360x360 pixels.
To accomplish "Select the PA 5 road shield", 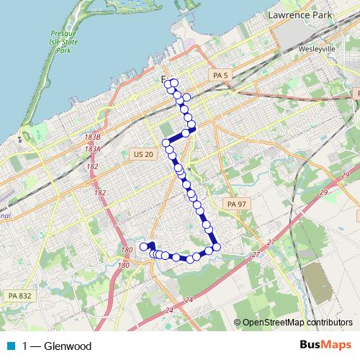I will coord(220,75).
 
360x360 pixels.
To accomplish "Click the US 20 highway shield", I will coord(143,153).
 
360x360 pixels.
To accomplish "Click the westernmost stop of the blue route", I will coord(143,247).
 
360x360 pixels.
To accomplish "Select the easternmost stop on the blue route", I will coord(216,248).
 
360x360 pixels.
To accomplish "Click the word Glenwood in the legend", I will coord(68,346).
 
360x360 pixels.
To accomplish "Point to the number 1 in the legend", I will coord(25,346).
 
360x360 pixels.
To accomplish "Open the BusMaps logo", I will coord(326,345).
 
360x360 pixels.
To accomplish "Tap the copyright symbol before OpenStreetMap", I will coord(238,322).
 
